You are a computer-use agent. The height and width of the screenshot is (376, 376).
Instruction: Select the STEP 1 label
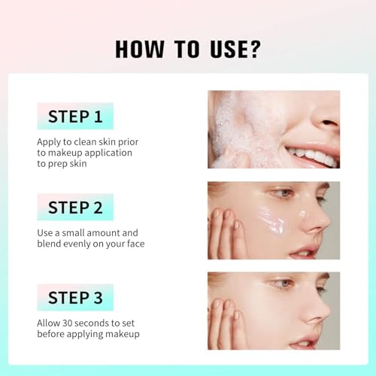pos(75,117)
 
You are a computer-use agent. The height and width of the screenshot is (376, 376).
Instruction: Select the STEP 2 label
pos(75,208)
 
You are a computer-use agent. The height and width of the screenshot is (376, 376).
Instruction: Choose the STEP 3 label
pos(75,298)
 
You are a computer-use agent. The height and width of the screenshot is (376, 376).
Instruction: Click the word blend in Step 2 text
pos(52,244)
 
